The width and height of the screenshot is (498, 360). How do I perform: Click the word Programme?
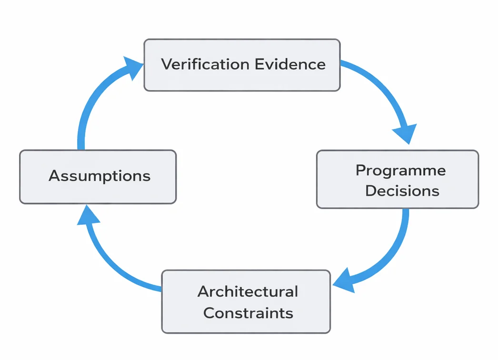[400, 170]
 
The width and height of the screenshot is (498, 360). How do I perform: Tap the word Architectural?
[248, 291]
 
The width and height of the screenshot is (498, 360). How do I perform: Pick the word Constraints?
[248, 313]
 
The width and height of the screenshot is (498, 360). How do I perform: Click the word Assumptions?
[100, 176]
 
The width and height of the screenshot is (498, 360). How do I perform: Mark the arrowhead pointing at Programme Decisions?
[406, 133]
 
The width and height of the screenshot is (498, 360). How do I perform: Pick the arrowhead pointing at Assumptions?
[88, 215]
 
